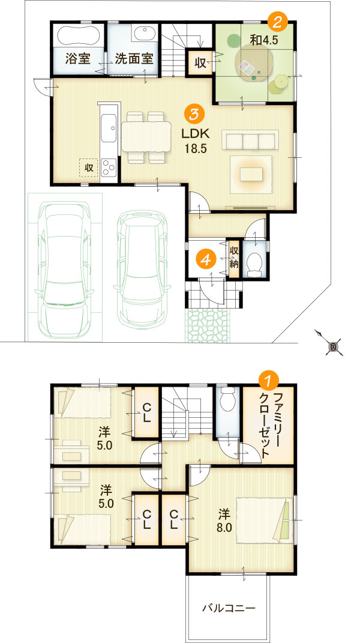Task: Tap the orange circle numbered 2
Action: [278, 22]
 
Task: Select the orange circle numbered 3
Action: [195, 113]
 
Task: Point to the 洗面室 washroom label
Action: [134, 59]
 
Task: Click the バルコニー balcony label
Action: [228, 608]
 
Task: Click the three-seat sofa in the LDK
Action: [250, 140]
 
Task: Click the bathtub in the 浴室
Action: [78, 36]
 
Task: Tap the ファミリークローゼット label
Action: [272, 424]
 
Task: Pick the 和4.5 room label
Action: [265, 41]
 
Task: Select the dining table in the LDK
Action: [146, 136]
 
